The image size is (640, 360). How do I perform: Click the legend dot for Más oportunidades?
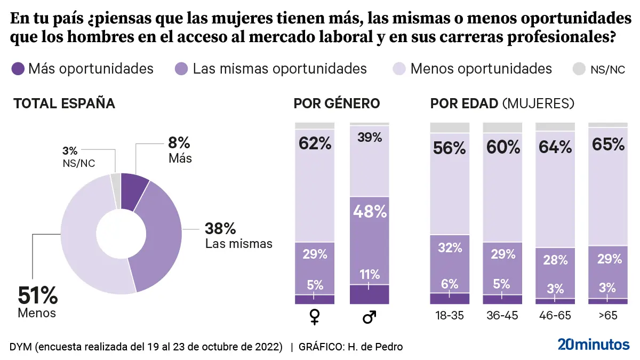click(x=18, y=69)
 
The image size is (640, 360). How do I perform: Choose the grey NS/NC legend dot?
click(x=579, y=69)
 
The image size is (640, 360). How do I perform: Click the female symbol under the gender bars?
click(x=315, y=317)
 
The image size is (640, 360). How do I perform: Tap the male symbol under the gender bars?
click(x=369, y=317)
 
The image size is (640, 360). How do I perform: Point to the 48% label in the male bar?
click(x=369, y=212)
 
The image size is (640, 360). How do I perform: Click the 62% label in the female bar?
click(x=315, y=144)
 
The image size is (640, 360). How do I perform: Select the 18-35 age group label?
click(x=449, y=316)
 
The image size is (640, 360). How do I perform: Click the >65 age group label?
click(x=607, y=316)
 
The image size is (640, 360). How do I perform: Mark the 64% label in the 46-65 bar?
click(x=555, y=147)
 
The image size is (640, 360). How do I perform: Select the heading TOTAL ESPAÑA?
click(x=64, y=103)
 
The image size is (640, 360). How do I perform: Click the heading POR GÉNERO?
click(x=337, y=103)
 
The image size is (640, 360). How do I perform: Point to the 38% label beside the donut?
click(x=220, y=229)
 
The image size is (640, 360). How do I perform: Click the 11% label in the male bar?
click(x=369, y=275)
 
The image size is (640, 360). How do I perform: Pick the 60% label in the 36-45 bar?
click(x=502, y=147)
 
